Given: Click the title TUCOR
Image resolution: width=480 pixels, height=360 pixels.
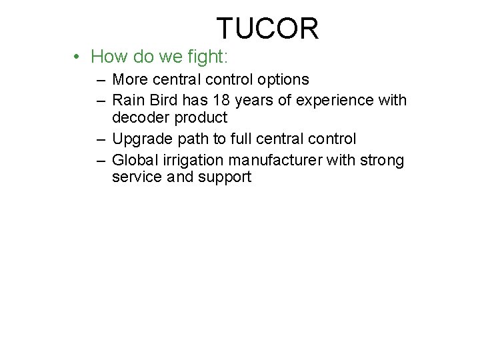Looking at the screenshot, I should [x=267, y=29].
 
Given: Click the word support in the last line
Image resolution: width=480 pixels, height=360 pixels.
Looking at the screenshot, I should [x=224, y=178].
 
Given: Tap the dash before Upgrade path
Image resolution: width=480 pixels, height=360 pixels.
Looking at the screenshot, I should [x=100, y=139].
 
